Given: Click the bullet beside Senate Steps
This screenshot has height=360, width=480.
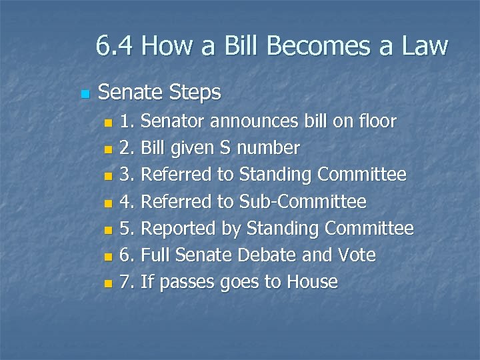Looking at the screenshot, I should (x=83, y=93).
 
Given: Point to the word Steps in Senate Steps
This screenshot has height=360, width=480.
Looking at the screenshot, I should (x=195, y=93).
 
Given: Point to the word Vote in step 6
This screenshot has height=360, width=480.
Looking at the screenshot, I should (x=357, y=255).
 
